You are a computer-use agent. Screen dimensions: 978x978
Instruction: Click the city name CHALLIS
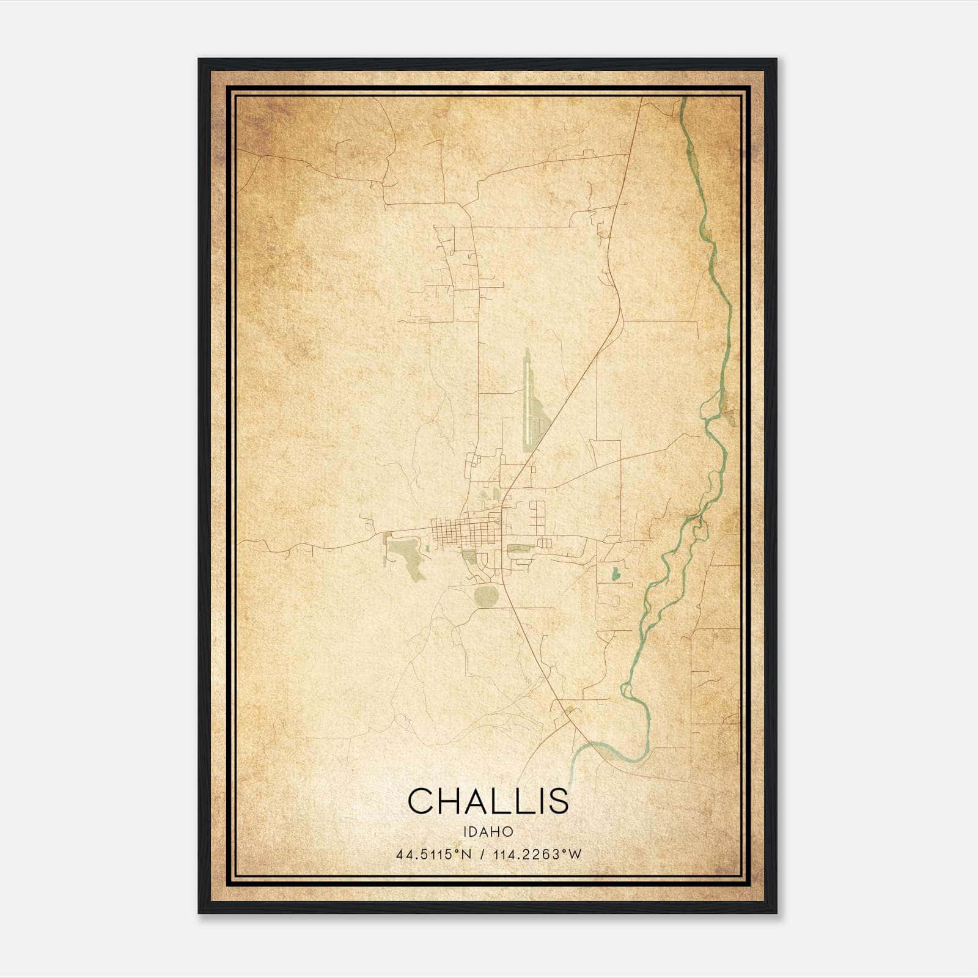tap(488, 801)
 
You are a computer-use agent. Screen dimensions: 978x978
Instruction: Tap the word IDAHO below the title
tap(488, 832)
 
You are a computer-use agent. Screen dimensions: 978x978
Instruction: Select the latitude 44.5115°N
tap(434, 855)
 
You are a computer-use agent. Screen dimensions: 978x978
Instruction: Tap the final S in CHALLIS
tap(557, 801)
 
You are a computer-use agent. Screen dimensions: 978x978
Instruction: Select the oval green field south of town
tap(487, 597)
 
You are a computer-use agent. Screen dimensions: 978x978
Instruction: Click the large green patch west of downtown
tap(405, 553)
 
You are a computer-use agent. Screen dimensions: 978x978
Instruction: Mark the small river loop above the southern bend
tap(626, 691)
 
